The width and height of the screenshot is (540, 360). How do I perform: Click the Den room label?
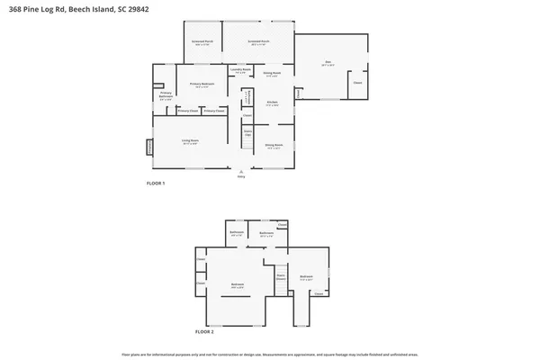pyautogui.click(x=328, y=63)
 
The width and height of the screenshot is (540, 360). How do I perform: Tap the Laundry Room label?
pyautogui.click(x=239, y=70)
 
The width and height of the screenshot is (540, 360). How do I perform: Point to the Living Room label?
pyautogui.click(x=190, y=141)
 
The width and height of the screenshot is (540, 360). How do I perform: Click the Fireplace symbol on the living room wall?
pyautogui.click(x=148, y=147)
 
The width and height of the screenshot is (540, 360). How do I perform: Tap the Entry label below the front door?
pyautogui.click(x=240, y=176)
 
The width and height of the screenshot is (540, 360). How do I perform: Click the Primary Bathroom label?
pyautogui.click(x=166, y=95)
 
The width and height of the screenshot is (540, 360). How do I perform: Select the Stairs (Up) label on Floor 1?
pyautogui.click(x=247, y=132)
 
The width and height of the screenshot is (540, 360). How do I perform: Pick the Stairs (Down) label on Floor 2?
pyautogui.click(x=280, y=277)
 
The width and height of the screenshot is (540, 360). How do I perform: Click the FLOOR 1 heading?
pyautogui.click(x=156, y=184)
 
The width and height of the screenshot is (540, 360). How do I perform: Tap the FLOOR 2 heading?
pyautogui.click(x=206, y=331)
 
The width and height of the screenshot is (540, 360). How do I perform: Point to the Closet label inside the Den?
pyautogui.click(x=357, y=83)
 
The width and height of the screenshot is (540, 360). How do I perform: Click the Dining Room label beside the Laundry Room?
pyautogui.click(x=272, y=74)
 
